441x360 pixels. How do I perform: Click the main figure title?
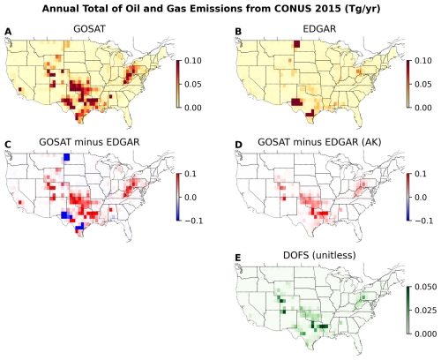(x=211, y=9)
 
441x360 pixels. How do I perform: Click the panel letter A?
(x=8, y=32)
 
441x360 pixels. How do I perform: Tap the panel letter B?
(x=238, y=32)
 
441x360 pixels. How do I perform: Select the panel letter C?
(x=8, y=145)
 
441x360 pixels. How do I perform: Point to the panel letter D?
(x=238, y=145)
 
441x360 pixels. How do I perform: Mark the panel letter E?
(x=238, y=258)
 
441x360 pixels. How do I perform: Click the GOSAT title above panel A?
(x=89, y=29)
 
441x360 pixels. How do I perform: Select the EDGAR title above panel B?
(x=319, y=29)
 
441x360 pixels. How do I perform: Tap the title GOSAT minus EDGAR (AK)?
(x=319, y=142)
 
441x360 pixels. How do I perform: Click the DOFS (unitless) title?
(x=319, y=255)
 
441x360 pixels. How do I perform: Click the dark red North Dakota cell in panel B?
(x=296, y=44)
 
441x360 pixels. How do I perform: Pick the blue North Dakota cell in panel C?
(x=67, y=157)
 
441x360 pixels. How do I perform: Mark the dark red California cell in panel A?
(x=20, y=89)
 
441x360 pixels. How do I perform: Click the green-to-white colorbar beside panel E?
(x=408, y=311)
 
